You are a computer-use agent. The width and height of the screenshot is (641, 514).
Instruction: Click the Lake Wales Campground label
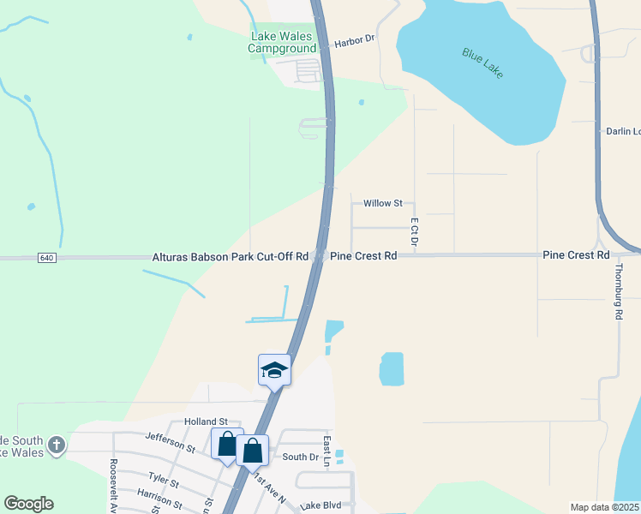pyautogui.click(x=282, y=42)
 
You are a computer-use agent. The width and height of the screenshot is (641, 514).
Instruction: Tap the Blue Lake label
pyautogui.click(x=482, y=63)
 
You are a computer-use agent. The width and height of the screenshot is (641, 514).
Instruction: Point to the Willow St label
pyautogui.click(x=383, y=203)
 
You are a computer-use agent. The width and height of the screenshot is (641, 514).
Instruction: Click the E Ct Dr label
pyautogui.click(x=414, y=233)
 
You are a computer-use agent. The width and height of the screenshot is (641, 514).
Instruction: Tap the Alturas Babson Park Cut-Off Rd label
pyautogui.click(x=230, y=256)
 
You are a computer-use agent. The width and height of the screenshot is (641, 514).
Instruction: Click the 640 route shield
pyautogui.click(x=47, y=258)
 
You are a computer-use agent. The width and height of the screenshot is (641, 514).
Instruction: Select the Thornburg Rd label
pyautogui.click(x=618, y=291)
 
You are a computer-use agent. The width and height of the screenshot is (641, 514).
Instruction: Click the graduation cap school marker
pyautogui.click(x=274, y=369)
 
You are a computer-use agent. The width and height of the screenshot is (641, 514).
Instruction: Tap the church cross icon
pyautogui.click(x=57, y=445)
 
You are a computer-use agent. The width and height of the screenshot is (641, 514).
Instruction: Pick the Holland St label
pyautogui.click(x=206, y=421)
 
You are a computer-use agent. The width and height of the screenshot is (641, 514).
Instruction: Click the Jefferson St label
pyautogui.click(x=170, y=442)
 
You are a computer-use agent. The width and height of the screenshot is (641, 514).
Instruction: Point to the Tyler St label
pyautogui.click(x=163, y=481)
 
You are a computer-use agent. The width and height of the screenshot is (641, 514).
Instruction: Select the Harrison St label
pyautogui.click(x=158, y=497)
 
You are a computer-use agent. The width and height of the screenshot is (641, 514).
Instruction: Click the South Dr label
pyautogui.click(x=300, y=457)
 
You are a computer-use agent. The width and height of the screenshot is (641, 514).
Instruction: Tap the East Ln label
pyautogui.click(x=327, y=451)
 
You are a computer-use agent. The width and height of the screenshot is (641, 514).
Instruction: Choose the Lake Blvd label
pyautogui.click(x=320, y=505)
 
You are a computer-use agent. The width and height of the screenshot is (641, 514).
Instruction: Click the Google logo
pyautogui.click(x=28, y=504)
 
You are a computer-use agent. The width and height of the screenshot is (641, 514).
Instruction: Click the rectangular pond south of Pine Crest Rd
pyautogui.click(x=392, y=368)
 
